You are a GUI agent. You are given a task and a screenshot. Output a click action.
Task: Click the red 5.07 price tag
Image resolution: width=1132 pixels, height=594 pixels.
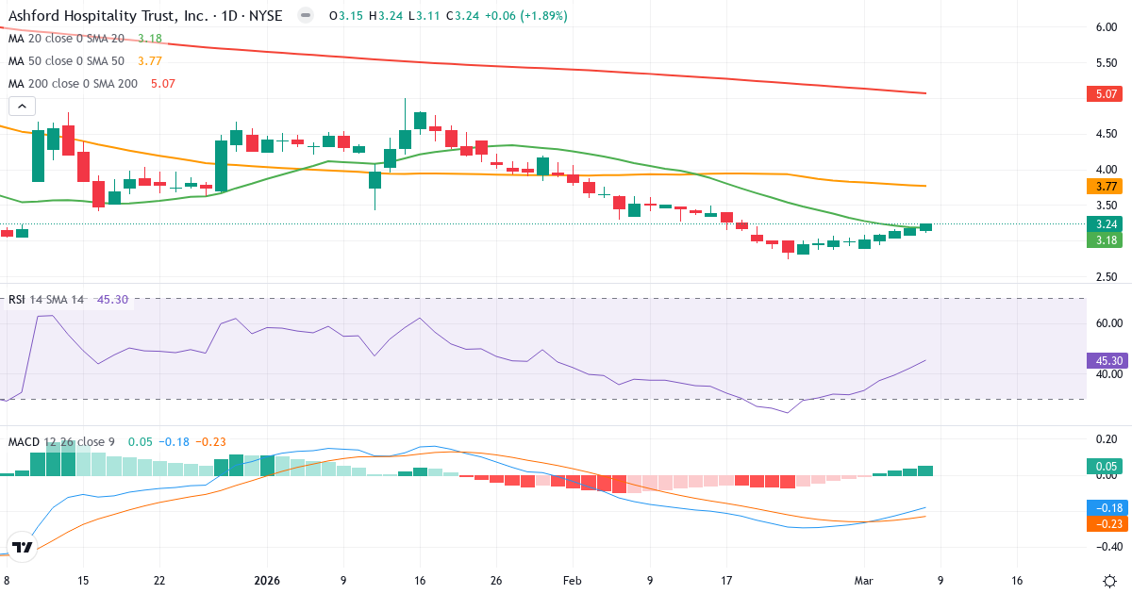click(x=1106, y=94)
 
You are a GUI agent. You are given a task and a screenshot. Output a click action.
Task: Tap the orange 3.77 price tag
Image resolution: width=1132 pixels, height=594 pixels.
click(x=1106, y=187)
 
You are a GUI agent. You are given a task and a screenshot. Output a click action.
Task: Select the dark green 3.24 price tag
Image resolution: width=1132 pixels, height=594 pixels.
click(x=1106, y=224)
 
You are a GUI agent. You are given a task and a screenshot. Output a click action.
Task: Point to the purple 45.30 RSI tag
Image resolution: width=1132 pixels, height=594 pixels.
click(x=1106, y=361)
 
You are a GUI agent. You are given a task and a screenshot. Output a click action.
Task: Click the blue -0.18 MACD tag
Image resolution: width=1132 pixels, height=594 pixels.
click(x=1106, y=507)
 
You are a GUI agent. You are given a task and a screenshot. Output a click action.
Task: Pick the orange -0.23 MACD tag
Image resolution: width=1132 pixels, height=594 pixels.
click(x=1106, y=523)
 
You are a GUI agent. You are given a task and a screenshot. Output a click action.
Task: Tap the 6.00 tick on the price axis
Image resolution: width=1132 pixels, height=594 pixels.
click(x=1106, y=27)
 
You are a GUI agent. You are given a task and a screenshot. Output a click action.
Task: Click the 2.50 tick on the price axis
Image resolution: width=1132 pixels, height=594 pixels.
click(x=1106, y=276)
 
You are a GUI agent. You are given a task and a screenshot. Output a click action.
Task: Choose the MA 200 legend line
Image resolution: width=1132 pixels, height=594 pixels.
click(x=92, y=83)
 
